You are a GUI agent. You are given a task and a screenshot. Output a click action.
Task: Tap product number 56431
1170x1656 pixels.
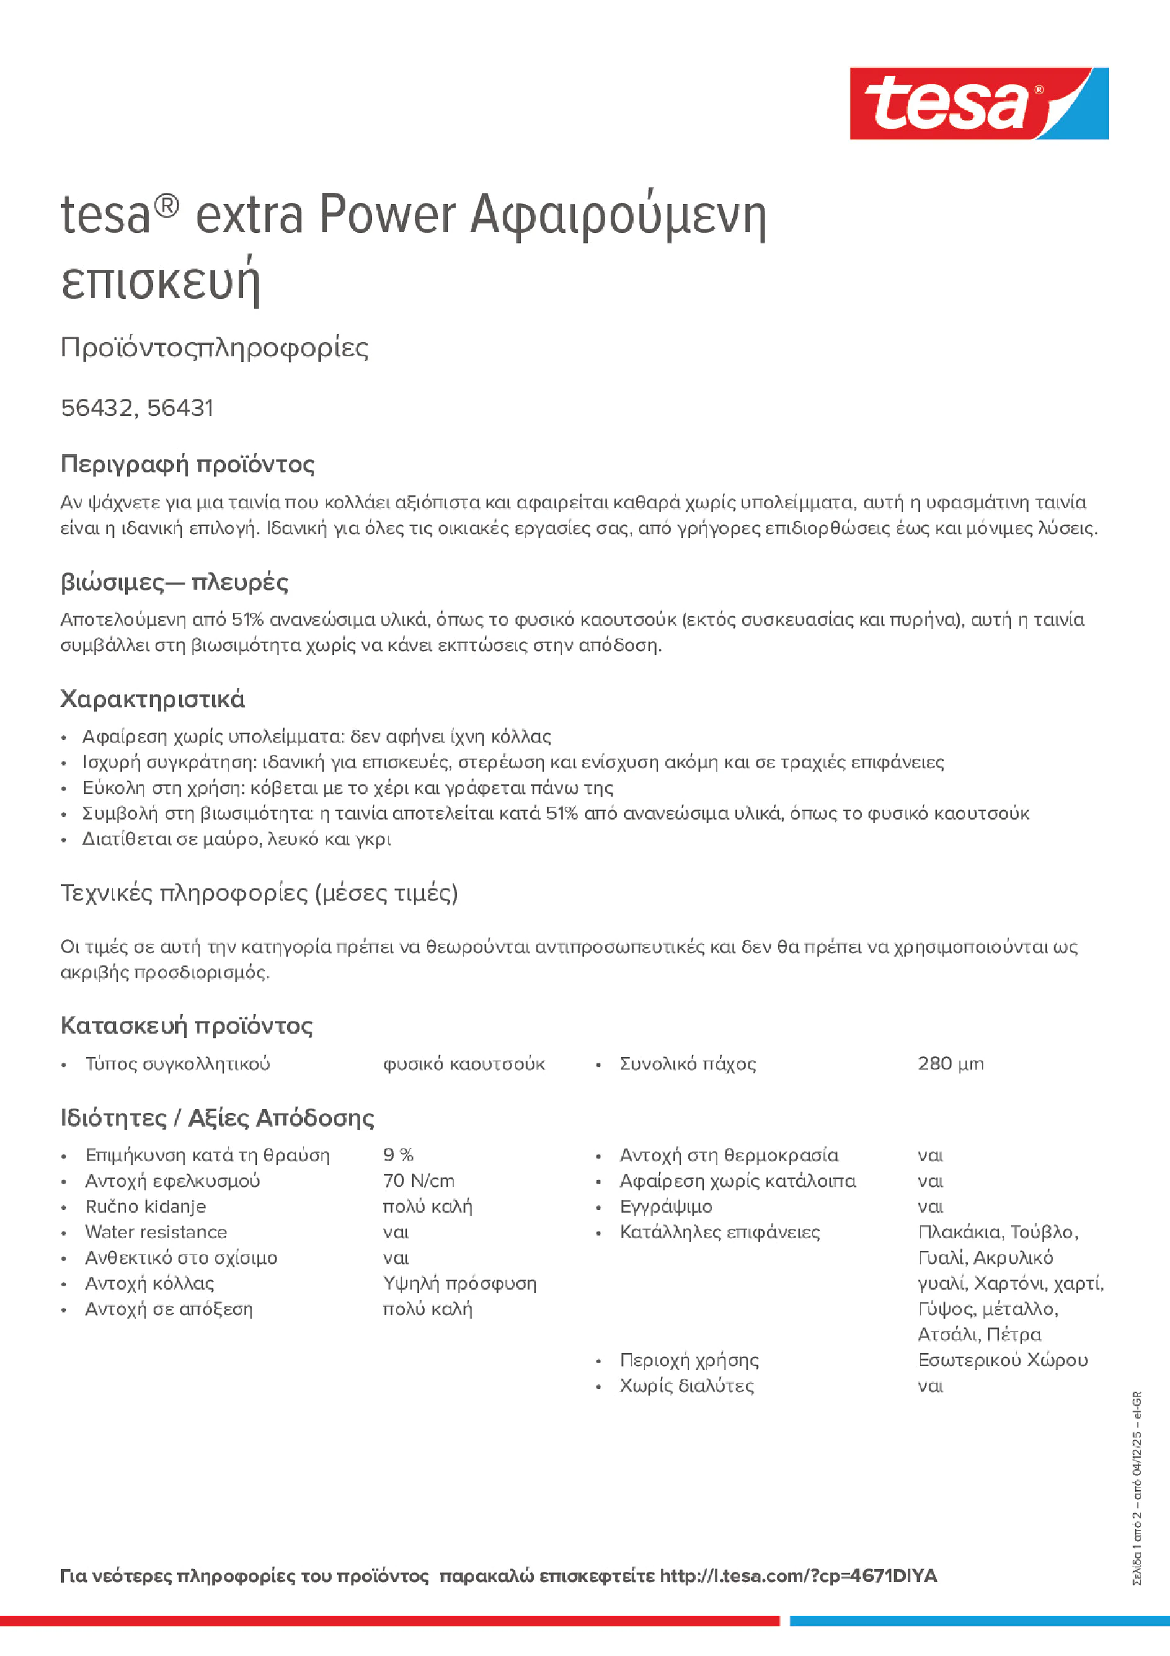pos(180,408)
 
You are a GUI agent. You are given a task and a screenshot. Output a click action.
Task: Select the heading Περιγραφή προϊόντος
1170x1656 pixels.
pos(187,464)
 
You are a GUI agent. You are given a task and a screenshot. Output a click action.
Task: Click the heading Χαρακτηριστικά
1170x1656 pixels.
pos(153,699)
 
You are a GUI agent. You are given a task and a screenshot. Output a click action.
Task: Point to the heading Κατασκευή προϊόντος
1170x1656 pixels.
pos(187,1025)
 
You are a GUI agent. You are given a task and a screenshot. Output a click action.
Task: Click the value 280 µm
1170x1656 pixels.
pos(950,1064)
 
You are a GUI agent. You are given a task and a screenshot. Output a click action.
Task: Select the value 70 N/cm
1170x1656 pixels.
pos(419,1180)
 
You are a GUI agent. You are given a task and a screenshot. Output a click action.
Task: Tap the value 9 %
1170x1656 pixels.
pos(398,1154)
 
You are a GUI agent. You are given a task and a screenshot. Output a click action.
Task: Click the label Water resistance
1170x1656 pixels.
pos(156,1232)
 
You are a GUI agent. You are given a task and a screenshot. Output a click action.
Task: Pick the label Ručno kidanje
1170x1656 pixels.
pos(146,1206)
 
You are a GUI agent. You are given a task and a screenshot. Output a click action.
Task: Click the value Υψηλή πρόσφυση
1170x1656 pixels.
pos(459,1283)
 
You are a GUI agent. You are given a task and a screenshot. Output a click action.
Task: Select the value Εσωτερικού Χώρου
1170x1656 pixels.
pos(1002,1360)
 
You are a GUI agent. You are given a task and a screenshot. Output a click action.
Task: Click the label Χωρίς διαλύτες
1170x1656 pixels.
pos(687,1386)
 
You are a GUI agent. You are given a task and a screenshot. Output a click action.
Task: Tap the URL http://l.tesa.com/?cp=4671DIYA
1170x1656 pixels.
pos(798,1575)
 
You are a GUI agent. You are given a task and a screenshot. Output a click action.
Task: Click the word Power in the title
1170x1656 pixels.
pos(388,215)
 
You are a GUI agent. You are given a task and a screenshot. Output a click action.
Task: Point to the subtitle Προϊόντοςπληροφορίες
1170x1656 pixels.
pos(215,348)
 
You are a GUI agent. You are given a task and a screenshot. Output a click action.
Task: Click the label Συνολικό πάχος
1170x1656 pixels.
pos(688,1064)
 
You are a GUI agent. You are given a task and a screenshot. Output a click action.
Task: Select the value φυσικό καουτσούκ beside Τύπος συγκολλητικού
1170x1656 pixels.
pos(464,1064)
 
